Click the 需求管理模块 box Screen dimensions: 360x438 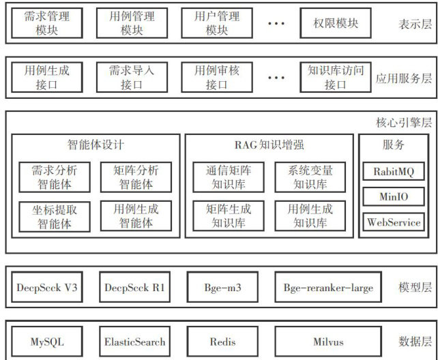(47, 22)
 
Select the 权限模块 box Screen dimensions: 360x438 (336, 23)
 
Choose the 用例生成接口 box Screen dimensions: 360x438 (47, 78)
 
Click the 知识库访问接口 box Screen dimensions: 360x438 (336, 78)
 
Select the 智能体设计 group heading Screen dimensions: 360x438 (95, 145)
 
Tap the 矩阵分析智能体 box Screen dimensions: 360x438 (135, 177)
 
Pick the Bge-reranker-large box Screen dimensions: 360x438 (328, 287)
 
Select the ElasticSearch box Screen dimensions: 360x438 (134, 342)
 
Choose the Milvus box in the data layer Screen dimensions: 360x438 (328, 342)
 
